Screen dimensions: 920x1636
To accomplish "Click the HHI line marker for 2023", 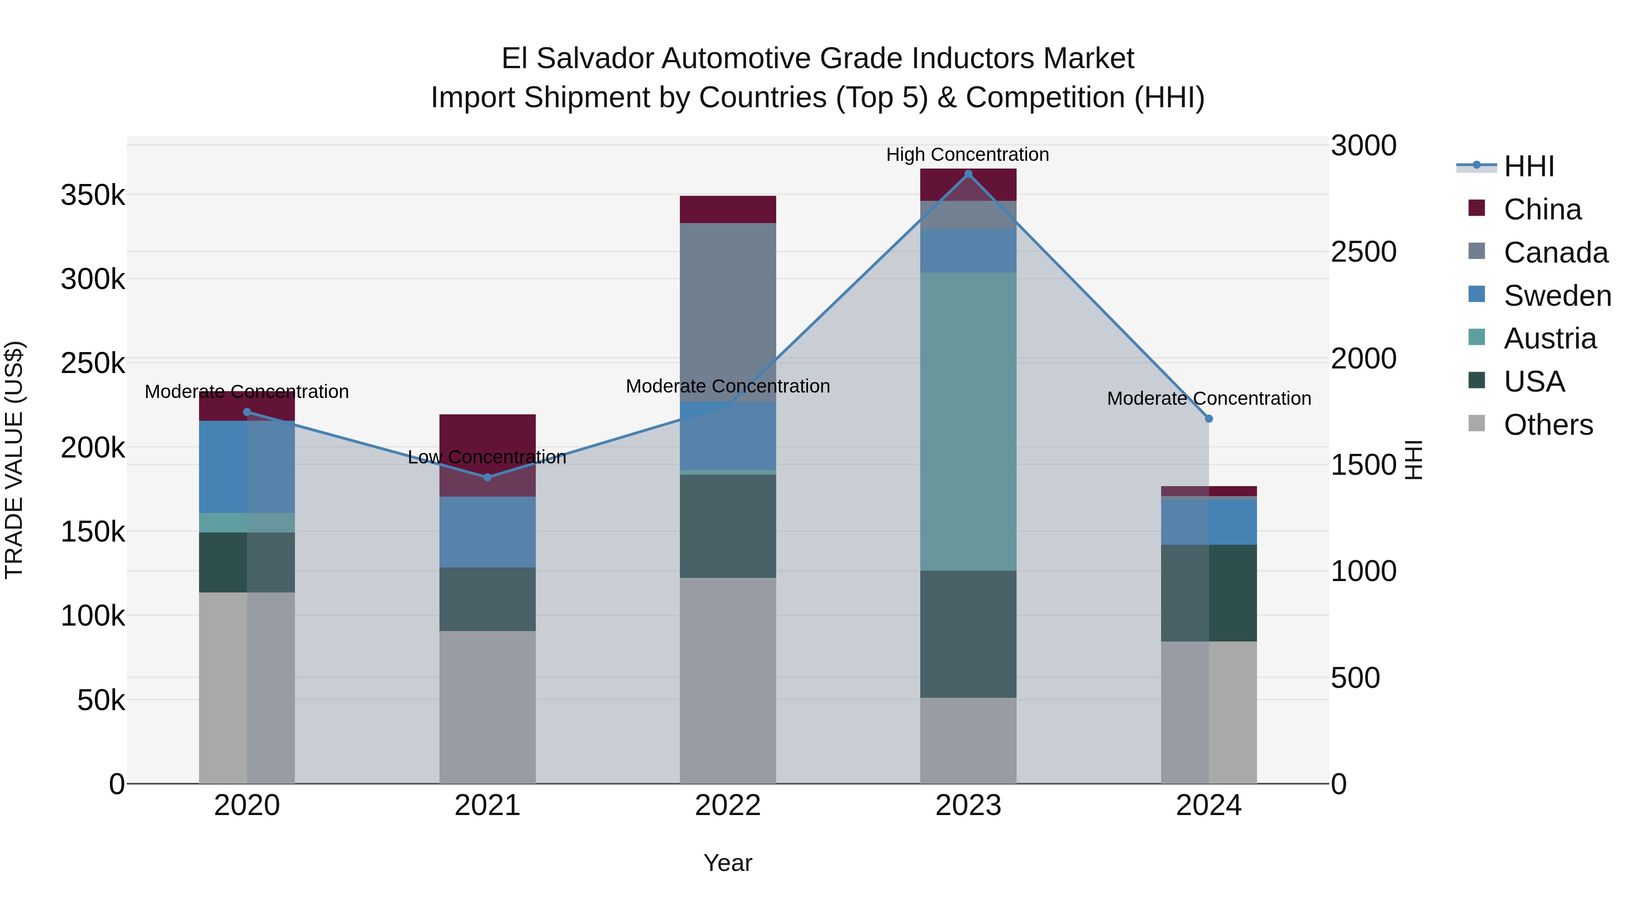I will (x=968, y=174).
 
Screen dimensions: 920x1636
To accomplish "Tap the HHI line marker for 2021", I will (x=487, y=477).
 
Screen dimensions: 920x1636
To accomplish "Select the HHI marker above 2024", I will (x=1208, y=419).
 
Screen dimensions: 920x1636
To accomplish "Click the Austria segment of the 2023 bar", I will (x=968, y=422).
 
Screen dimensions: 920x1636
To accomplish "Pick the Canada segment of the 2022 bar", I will (x=728, y=311).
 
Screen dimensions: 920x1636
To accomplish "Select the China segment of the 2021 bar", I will (x=487, y=455).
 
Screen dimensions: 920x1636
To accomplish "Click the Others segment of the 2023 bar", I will (x=968, y=741).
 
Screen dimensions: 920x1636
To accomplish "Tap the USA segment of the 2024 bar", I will (x=1208, y=593).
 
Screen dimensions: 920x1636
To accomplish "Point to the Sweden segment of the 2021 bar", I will (x=487, y=532).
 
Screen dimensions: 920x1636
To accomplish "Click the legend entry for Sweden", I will (x=1556, y=296).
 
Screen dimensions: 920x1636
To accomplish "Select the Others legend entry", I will (x=1548, y=425).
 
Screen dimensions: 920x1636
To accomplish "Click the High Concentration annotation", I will (x=967, y=154).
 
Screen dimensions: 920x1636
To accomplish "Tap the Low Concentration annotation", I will (x=487, y=457).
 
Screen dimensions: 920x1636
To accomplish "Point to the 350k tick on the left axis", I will (x=93, y=195).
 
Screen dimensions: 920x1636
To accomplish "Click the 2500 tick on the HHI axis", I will (x=1363, y=252).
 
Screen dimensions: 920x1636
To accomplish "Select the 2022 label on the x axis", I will (x=728, y=806).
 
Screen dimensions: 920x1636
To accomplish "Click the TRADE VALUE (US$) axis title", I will (x=14, y=460).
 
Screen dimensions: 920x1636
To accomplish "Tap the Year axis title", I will (x=728, y=863).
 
